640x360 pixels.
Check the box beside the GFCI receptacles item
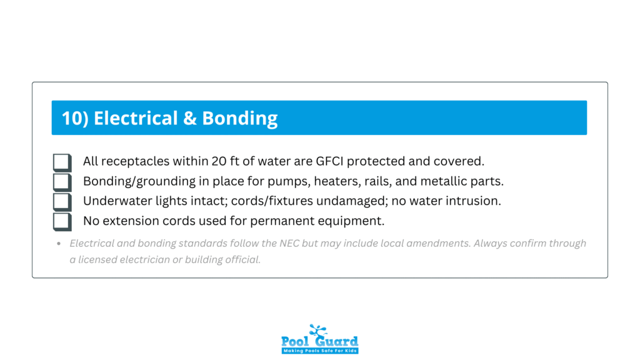(62, 162)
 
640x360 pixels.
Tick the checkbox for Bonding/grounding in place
(62, 182)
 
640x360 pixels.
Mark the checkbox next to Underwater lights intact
(62, 202)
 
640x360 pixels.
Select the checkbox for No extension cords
(62, 222)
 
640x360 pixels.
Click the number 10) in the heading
(75, 118)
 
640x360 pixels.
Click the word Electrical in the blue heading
(136, 118)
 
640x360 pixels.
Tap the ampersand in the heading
(190, 118)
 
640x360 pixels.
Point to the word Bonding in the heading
(240, 119)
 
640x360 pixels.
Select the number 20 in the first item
(219, 161)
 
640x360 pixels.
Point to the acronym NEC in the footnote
(289, 243)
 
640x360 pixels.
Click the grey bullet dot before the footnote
(59, 244)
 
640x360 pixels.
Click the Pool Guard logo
(319, 339)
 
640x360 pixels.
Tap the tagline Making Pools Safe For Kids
(320, 351)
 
